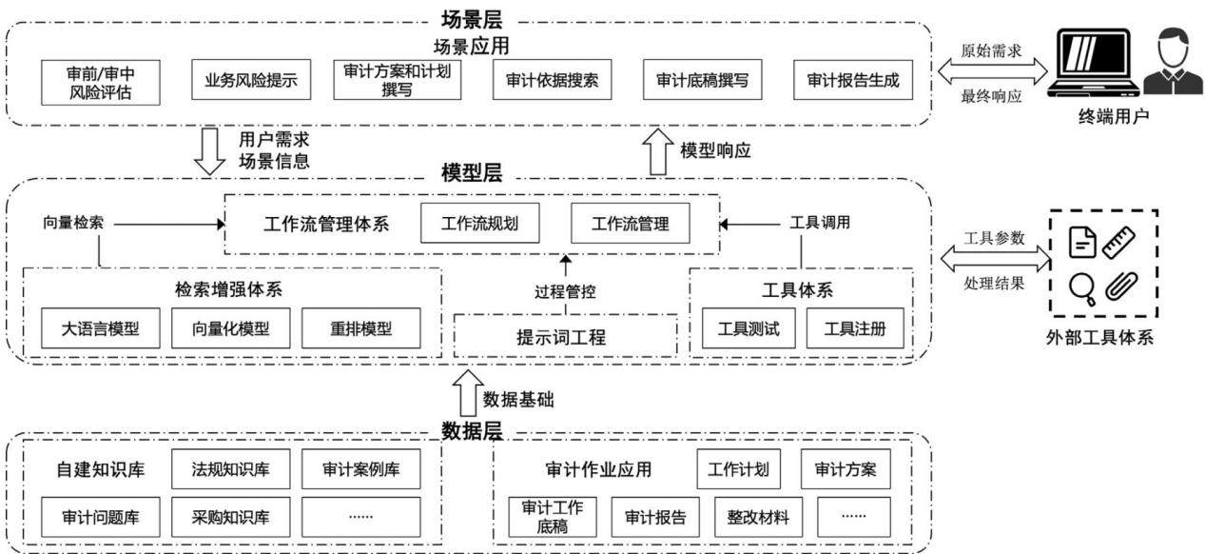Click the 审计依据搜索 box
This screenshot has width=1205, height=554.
point(552,80)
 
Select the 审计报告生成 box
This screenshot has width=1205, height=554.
point(853,80)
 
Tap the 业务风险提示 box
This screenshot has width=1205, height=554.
point(251,80)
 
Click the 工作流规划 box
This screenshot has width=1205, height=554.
point(480,223)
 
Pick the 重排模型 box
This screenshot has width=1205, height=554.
point(361,328)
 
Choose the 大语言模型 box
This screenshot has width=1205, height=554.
point(101,328)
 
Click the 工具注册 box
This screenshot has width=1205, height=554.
point(855,328)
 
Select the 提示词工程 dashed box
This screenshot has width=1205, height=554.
point(565,336)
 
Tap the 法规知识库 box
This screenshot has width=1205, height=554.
point(231,469)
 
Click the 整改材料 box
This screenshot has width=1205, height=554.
point(759,518)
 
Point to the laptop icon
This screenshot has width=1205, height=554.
point(1094,63)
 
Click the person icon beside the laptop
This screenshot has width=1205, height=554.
point(1174,61)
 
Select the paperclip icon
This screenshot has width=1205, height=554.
point(1121,286)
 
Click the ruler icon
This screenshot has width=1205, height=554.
point(1118,243)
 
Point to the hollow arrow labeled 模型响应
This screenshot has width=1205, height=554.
point(658,151)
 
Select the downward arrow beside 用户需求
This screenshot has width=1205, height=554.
point(209,151)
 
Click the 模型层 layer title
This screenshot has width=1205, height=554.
point(472,173)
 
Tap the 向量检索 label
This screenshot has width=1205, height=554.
point(73,223)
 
